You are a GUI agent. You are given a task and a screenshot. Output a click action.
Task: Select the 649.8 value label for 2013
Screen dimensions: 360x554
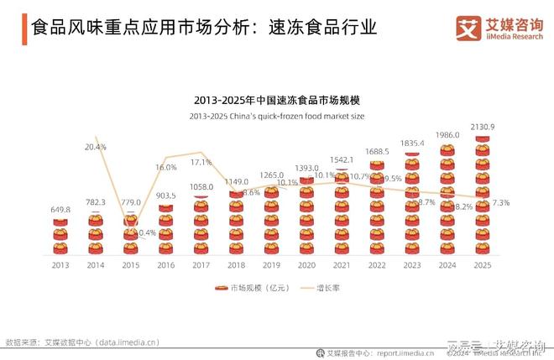pyautogui.click(x=60, y=209)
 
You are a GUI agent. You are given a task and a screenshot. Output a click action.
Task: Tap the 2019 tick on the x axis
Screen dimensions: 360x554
pyautogui.click(x=271, y=264)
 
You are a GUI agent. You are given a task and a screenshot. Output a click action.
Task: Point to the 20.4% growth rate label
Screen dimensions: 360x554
pyautogui.click(x=96, y=147)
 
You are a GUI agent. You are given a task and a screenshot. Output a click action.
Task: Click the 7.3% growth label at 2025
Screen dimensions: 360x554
pyautogui.click(x=501, y=203)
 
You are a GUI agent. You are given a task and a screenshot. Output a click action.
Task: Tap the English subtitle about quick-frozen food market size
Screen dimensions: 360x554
pyautogui.click(x=277, y=116)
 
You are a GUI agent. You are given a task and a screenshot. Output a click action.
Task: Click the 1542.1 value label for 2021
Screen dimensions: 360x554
pyautogui.click(x=342, y=159)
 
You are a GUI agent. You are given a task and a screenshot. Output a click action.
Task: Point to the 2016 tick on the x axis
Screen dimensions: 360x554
pyautogui.click(x=165, y=264)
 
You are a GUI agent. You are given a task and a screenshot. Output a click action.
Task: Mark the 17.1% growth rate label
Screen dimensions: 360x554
pyautogui.click(x=201, y=163)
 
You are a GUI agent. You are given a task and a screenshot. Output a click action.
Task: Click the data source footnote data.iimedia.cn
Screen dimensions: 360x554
pyautogui.click(x=82, y=342)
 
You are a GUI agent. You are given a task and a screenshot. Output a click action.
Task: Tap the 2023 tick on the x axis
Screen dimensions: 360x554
pyautogui.click(x=412, y=264)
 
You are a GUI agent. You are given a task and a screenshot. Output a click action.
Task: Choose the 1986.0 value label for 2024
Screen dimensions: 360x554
pyautogui.click(x=447, y=135)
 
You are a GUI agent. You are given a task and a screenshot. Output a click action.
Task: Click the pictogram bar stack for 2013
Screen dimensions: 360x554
pyautogui.click(x=60, y=235)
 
